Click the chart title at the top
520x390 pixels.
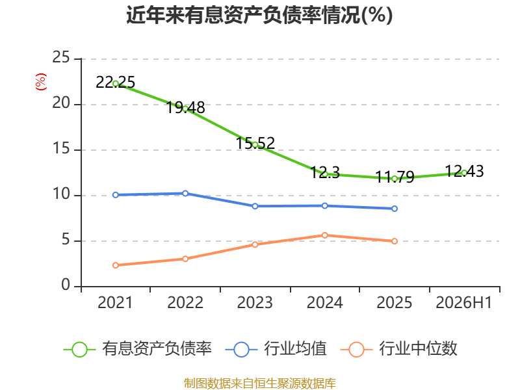[259, 15]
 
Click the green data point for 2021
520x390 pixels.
[116, 84]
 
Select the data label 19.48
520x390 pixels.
[185, 107]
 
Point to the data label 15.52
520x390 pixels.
[255, 143]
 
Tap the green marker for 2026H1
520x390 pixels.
[464, 173]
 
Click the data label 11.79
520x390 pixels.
[395, 177]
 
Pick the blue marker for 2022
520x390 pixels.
[185, 193]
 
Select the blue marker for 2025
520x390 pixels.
[395, 209]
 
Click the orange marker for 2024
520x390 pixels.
[325, 235]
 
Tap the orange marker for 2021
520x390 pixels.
[116, 265]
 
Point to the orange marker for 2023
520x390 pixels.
[255, 244]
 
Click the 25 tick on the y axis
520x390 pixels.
[61, 57]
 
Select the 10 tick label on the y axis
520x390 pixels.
[61, 194]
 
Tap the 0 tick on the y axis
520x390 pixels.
[66, 285]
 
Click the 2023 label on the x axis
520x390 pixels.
[255, 302]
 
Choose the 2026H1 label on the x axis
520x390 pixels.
[464, 302]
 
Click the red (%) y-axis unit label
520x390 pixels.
[41, 82]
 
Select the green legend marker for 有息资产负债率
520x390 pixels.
[79, 350]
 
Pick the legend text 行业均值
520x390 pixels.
[295, 348]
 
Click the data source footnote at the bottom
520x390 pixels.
[260, 383]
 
